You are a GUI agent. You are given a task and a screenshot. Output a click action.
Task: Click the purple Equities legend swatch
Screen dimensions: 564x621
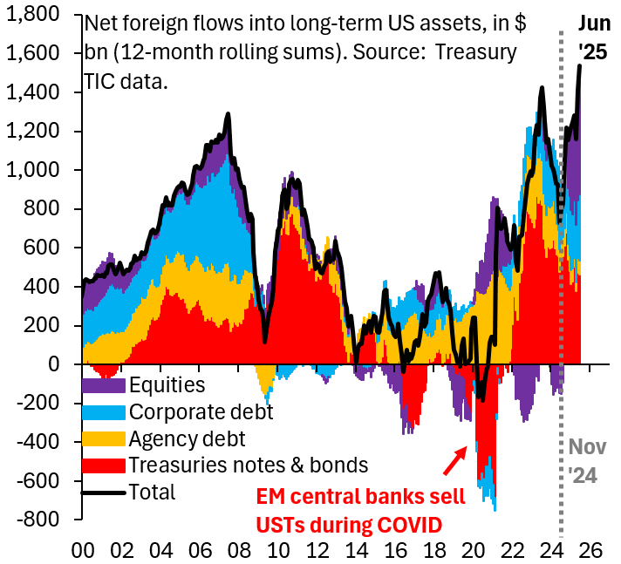point(104,384)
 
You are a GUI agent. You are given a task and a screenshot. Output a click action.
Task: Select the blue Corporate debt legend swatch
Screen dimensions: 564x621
point(104,411)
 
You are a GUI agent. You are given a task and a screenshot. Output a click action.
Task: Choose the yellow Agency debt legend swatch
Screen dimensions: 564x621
point(104,438)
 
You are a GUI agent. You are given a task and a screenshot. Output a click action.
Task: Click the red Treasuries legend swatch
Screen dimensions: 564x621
point(104,465)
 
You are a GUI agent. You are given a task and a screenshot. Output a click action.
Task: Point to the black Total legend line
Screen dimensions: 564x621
point(104,492)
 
